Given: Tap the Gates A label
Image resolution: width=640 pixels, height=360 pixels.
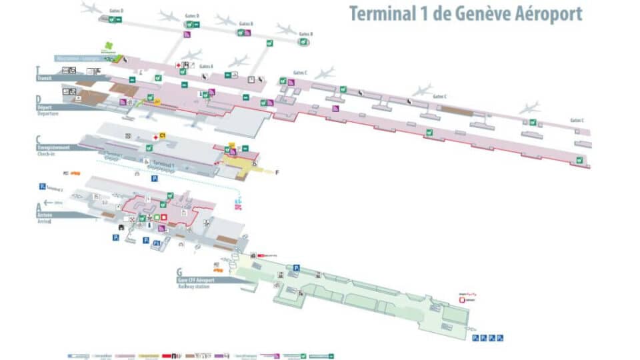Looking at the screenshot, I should click(x=207, y=66).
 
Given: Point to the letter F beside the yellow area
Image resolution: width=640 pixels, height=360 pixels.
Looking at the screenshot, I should click(x=278, y=172).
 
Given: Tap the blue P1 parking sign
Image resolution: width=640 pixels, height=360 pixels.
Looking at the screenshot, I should click(x=157, y=244).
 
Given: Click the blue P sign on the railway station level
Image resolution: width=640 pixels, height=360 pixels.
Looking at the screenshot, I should click(x=296, y=267).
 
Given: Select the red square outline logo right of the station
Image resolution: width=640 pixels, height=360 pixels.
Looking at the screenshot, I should click(x=463, y=301).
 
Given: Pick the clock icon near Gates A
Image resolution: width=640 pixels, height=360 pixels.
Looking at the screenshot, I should click(x=251, y=80).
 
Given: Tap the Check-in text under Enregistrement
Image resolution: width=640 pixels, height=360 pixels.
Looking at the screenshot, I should click(x=47, y=154).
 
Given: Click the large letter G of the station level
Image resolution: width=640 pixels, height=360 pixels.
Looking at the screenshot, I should click(x=179, y=272).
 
